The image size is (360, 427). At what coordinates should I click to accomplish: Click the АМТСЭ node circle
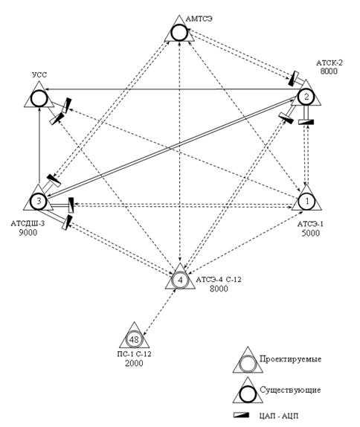click(x=179, y=33)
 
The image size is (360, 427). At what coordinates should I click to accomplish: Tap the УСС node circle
click(x=39, y=98)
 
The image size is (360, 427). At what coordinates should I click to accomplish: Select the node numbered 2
click(x=306, y=97)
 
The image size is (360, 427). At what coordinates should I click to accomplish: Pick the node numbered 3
click(x=39, y=202)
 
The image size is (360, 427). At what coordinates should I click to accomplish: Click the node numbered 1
click(x=307, y=202)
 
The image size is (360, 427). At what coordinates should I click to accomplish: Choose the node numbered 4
click(x=180, y=280)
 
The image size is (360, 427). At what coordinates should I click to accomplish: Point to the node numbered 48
click(x=134, y=339)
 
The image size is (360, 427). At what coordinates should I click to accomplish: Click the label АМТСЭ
click(x=199, y=19)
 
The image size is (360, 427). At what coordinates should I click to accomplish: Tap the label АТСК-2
click(x=330, y=62)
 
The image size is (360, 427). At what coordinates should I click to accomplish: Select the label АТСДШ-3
click(x=28, y=224)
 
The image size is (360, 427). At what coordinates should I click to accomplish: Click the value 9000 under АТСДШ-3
click(x=28, y=233)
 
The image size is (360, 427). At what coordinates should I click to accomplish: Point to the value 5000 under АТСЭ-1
click(x=311, y=233)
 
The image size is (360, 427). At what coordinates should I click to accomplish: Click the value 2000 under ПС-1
click(x=134, y=363)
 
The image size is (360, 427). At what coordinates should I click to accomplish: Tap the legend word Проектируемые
click(x=291, y=359)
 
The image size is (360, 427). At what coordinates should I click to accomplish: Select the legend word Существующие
click(x=290, y=390)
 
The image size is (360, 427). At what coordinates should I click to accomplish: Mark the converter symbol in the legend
click(x=242, y=415)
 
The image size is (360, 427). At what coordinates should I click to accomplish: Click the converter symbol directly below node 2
click(x=306, y=122)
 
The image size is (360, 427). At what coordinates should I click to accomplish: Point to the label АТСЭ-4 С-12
click(x=219, y=280)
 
